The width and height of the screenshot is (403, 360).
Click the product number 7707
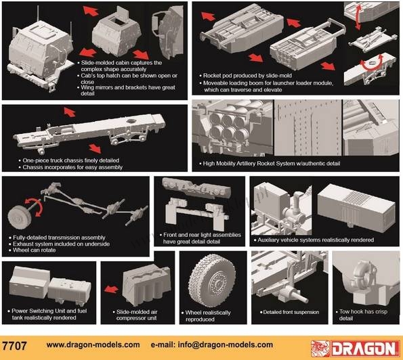click(14, 346)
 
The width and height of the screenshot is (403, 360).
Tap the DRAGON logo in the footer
click(355, 348)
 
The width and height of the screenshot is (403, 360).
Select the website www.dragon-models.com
click(93, 344)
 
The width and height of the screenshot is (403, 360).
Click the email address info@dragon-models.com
click(225, 344)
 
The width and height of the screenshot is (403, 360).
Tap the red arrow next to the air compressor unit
click(111, 290)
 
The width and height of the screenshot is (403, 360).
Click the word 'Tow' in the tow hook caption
click(344, 311)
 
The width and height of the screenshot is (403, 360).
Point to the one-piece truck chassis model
click(89, 134)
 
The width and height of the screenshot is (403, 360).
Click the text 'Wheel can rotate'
click(34, 250)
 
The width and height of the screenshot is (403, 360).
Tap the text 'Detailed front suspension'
click(291, 312)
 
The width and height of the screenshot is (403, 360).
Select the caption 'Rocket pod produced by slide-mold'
click(247, 76)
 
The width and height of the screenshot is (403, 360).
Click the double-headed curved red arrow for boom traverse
click(371, 64)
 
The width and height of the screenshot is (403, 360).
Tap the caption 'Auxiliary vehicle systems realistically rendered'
click(316, 240)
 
